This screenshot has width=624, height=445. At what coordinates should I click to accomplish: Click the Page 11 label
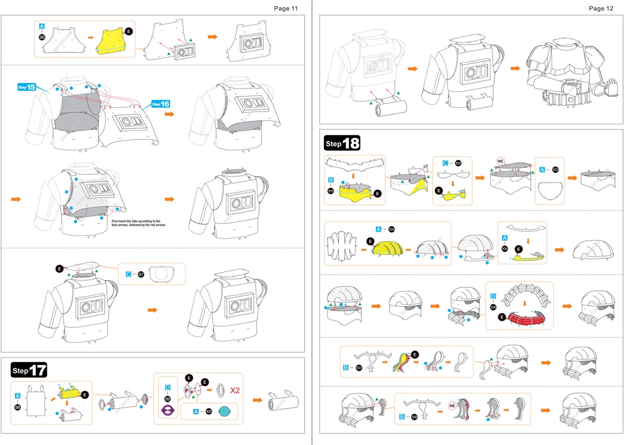286,8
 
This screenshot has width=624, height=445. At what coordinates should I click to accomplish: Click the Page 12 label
601,8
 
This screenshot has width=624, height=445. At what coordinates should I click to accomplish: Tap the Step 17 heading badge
29,370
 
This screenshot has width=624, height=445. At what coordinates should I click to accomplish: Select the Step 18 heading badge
342,144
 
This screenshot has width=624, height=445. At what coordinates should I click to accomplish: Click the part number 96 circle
42,37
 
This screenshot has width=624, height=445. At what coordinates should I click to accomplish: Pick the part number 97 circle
141,275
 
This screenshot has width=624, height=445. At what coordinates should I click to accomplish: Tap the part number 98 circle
18,407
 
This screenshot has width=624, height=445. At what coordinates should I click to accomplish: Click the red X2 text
235,390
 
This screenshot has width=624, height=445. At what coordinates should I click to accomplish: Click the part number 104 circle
391,229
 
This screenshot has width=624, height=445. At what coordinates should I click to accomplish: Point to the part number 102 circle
458,163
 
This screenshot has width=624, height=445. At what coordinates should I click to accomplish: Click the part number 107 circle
359,368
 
